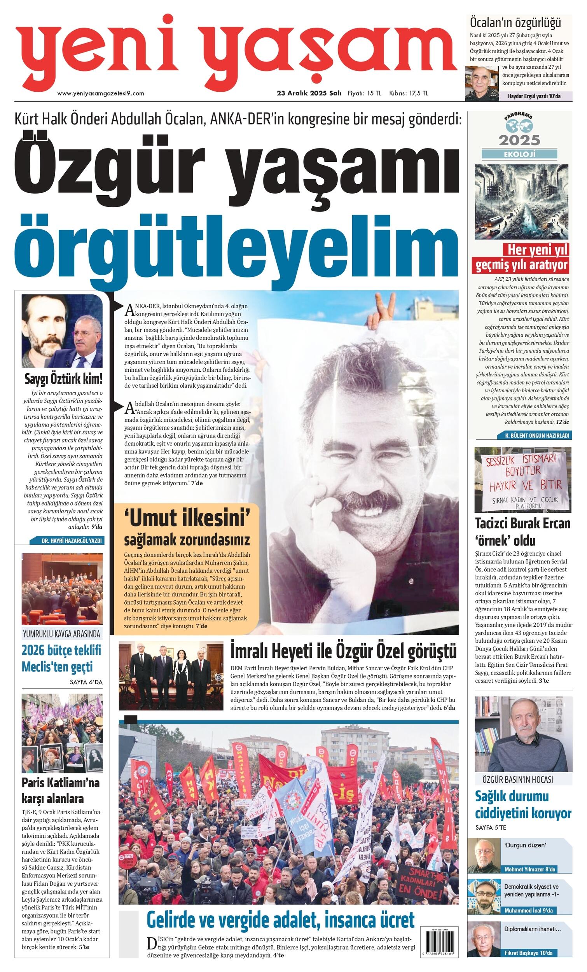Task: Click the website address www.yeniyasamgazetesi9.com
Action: tap(101, 93)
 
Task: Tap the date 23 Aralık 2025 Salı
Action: tap(309, 93)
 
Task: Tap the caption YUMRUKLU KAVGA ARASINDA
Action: tap(61, 634)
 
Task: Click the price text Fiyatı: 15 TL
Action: tap(364, 93)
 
